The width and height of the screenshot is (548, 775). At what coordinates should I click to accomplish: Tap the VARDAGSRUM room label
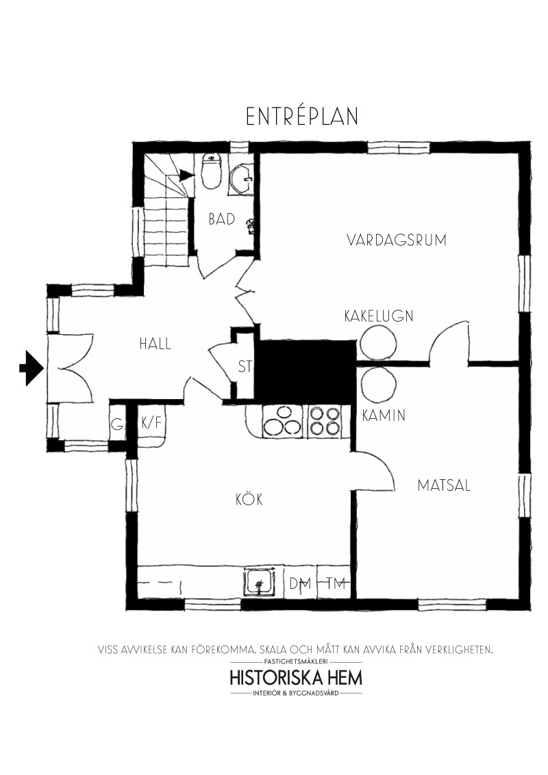coord(396,240)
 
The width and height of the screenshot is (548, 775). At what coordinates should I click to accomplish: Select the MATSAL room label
coord(444,485)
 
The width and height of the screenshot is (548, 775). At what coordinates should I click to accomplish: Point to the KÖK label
coord(249,498)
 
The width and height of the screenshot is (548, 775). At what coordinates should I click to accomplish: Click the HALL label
coord(155,344)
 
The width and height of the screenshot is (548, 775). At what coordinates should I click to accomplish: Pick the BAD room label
coord(221,219)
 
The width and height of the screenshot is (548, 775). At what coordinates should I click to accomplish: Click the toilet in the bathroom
coord(212,170)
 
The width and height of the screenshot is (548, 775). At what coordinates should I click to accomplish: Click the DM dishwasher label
coord(300,584)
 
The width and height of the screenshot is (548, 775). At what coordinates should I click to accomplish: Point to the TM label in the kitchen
coord(336,583)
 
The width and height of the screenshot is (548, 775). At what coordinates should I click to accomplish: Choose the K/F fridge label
coord(151,423)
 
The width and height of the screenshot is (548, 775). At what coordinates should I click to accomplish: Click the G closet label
coord(117,424)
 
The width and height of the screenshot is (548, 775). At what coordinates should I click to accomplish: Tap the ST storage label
coord(245,366)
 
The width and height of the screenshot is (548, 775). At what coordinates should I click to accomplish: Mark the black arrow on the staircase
coord(186,175)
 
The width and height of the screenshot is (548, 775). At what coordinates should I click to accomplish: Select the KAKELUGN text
coord(379,316)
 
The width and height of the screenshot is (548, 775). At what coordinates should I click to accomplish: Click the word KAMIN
coord(384,416)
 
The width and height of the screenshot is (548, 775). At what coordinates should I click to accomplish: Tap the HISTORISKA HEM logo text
coord(296,677)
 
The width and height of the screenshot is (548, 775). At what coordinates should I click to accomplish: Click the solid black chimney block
coord(306,372)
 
